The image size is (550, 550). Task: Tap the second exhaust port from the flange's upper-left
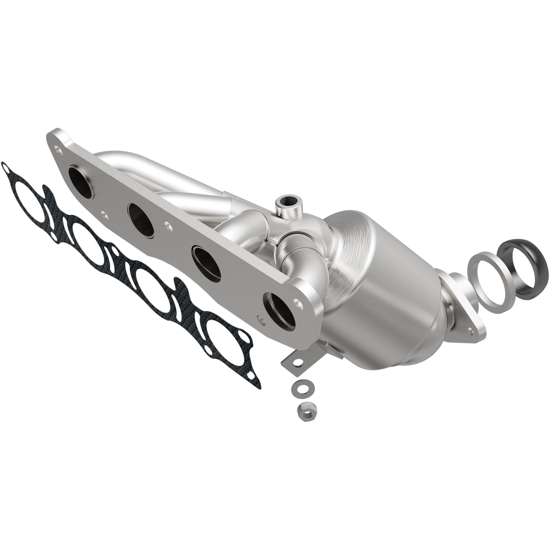(x=142, y=212)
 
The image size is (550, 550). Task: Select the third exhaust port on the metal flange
(x=205, y=257)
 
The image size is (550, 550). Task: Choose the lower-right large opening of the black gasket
(x=218, y=336)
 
